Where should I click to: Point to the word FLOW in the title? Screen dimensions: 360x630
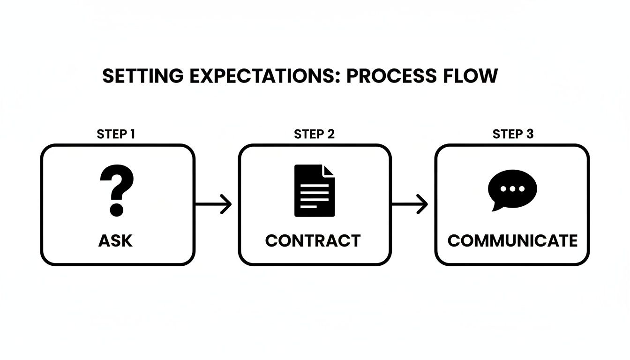click(x=473, y=76)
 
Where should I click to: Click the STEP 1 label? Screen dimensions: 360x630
click(x=116, y=134)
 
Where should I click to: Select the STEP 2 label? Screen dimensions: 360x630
click(x=314, y=134)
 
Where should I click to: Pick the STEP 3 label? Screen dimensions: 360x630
click(x=513, y=134)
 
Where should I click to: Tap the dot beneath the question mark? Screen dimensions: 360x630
click(x=117, y=210)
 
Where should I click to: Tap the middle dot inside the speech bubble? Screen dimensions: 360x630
click(x=512, y=189)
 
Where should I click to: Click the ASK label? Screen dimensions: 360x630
click(x=116, y=240)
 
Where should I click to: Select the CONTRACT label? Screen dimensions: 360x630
click(x=313, y=240)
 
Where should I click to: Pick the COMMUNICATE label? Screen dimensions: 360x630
click(x=512, y=240)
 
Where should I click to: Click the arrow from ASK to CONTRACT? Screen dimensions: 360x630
click(x=213, y=205)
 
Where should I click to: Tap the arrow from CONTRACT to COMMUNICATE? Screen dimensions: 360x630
click(x=410, y=205)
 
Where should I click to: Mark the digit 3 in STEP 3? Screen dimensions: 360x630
click(x=529, y=134)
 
